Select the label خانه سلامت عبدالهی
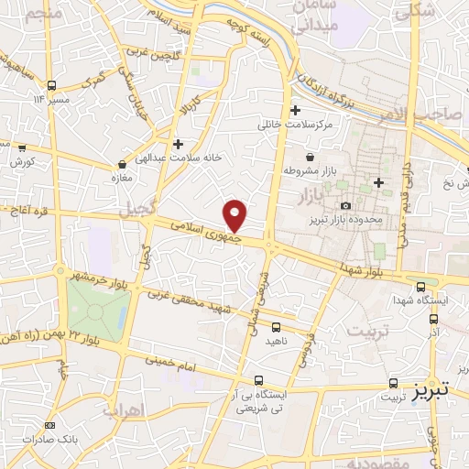(174, 158)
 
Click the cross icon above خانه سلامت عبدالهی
(178, 144)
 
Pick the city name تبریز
(430, 389)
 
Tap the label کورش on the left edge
(22, 161)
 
